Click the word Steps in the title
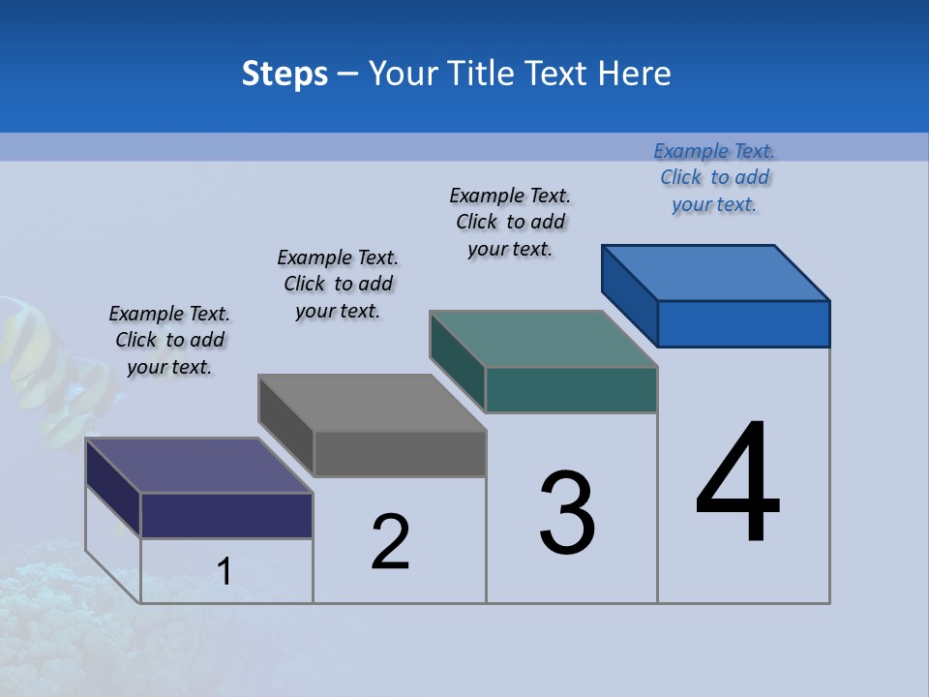(x=285, y=74)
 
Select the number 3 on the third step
(x=567, y=512)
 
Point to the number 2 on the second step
(x=391, y=541)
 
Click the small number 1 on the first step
(x=224, y=571)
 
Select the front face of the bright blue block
(x=743, y=323)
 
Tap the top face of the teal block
(x=544, y=339)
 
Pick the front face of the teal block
(x=571, y=389)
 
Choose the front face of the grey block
(x=399, y=453)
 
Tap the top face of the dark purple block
(x=199, y=466)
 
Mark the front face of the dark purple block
(x=226, y=515)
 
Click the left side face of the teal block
(x=457, y=361)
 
